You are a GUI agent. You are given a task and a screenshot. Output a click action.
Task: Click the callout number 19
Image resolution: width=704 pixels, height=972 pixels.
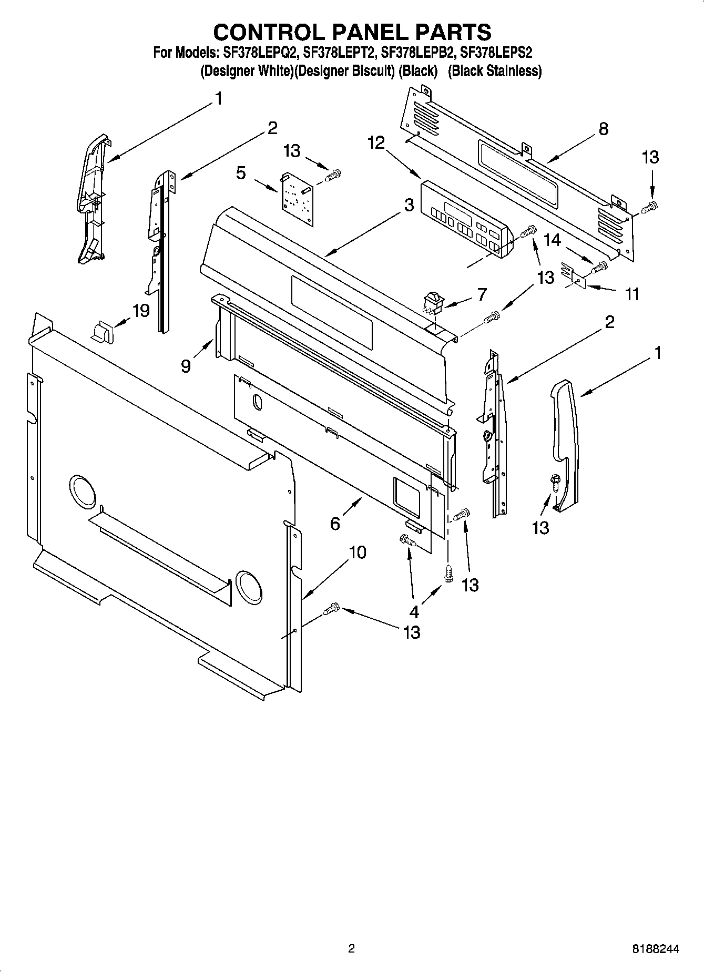point(140,311)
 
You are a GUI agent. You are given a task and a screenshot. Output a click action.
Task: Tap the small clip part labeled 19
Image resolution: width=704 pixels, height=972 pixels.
point(104,332)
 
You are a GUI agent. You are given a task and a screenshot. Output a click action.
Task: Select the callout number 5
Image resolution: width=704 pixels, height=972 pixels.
point(241,173)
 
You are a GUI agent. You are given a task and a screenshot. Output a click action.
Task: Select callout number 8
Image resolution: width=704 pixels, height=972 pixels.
point(603,128)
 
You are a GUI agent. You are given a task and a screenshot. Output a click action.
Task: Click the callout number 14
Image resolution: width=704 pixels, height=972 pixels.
point(552,240)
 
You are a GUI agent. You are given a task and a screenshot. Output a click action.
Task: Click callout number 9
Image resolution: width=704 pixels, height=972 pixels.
point(186,366)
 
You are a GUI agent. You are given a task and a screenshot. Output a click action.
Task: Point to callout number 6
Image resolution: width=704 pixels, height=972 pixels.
point(335,523)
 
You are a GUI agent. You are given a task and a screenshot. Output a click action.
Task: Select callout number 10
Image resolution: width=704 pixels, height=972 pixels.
point(357,552)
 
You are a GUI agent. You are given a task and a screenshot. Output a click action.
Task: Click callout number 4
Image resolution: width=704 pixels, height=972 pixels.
point(414,611)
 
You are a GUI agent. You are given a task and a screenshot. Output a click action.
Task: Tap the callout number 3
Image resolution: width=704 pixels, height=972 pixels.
point(409,206)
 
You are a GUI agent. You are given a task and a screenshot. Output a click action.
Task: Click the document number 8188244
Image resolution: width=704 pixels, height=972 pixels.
point(656,949)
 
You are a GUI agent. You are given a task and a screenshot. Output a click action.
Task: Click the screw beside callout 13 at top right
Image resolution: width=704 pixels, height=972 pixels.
point(650,207)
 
